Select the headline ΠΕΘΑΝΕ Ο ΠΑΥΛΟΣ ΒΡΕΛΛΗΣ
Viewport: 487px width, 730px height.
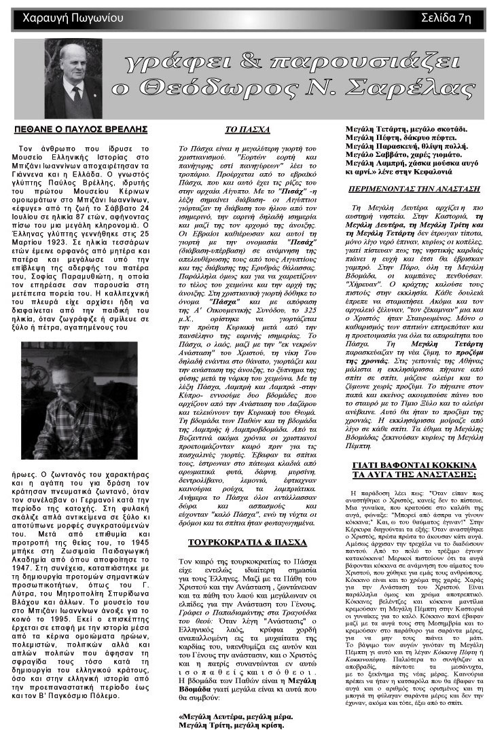coord(81,128)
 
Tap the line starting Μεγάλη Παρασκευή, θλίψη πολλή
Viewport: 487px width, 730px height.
coord(397,145)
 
